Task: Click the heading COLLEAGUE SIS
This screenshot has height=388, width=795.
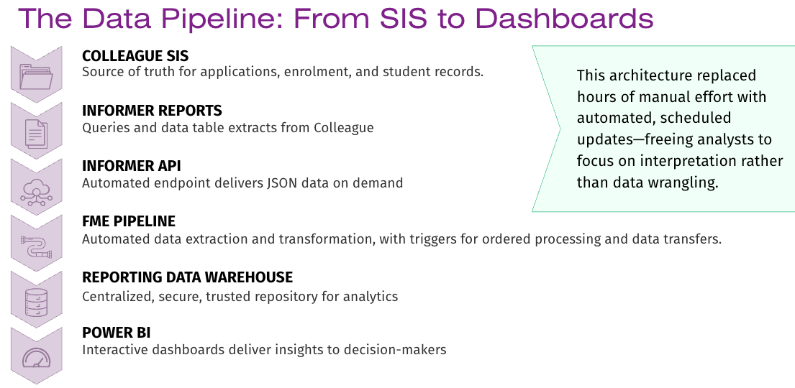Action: [x=135, y=56]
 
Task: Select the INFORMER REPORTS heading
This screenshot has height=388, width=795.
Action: [x=152, y=111]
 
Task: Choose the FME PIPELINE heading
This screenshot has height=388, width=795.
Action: [x=129, y=221]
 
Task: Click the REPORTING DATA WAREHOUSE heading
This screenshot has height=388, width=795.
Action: [x=188, y=277]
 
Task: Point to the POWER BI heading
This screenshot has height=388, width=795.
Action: [x=117, y=333]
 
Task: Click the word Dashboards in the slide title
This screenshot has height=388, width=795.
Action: [x=564, y=18]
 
